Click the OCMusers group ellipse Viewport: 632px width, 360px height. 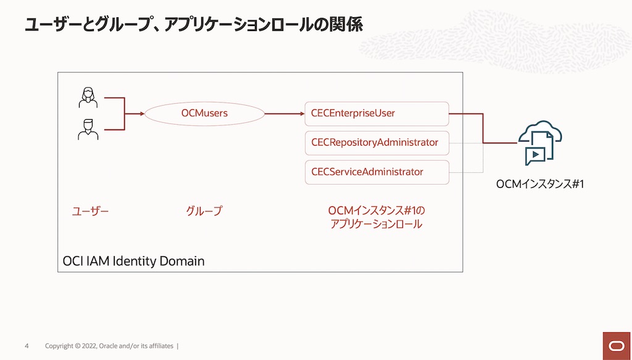click(204, 114)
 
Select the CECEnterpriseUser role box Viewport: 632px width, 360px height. click(376, 114)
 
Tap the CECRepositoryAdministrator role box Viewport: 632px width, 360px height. click(376, 143)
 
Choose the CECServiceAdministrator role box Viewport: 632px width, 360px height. click(376, 172)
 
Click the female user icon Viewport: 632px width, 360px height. click(88, 98)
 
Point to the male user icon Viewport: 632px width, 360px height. click(88, 130)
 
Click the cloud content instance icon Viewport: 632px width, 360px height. click(539, 143)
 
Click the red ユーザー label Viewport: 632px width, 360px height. click(90, 211)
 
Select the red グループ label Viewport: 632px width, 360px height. click(204, 211)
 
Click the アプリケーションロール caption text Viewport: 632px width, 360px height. click(376, 224)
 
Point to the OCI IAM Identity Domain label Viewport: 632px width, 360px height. click(133, 261)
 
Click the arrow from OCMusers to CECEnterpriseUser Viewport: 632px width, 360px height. click(284, 114)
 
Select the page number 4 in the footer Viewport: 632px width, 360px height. click(27, 346)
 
